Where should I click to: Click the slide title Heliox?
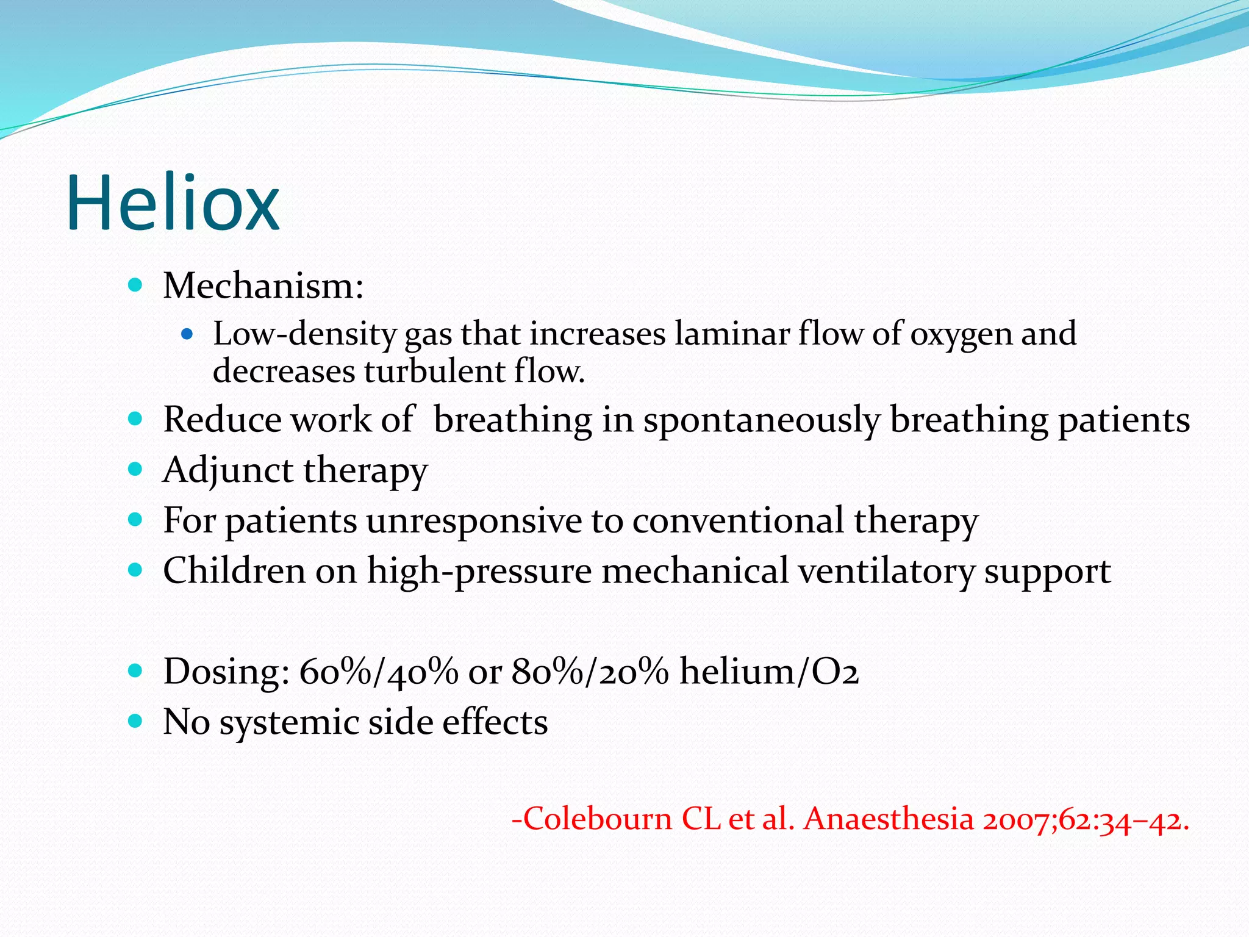(x=173, y=203)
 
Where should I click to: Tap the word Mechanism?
(x=259, y=285)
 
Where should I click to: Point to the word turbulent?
(x=435, y=372)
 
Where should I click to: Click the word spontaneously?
(x=762, y=420)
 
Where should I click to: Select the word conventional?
(x=737, y=521)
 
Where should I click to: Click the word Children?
(x=234, y=571)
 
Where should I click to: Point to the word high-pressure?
(x=479, y=572)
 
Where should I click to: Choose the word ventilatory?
(x=886, y=572)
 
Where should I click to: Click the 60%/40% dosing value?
(x=379, y=672)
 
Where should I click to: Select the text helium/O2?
(x=769, y=672)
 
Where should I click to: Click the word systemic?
(x=289, y=723)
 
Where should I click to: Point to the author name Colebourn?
(x=598, y=819)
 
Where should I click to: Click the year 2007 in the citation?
(x=1018, y=819)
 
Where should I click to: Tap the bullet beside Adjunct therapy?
(x=135, y=469)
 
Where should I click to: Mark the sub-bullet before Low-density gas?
(x=187, y=334)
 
